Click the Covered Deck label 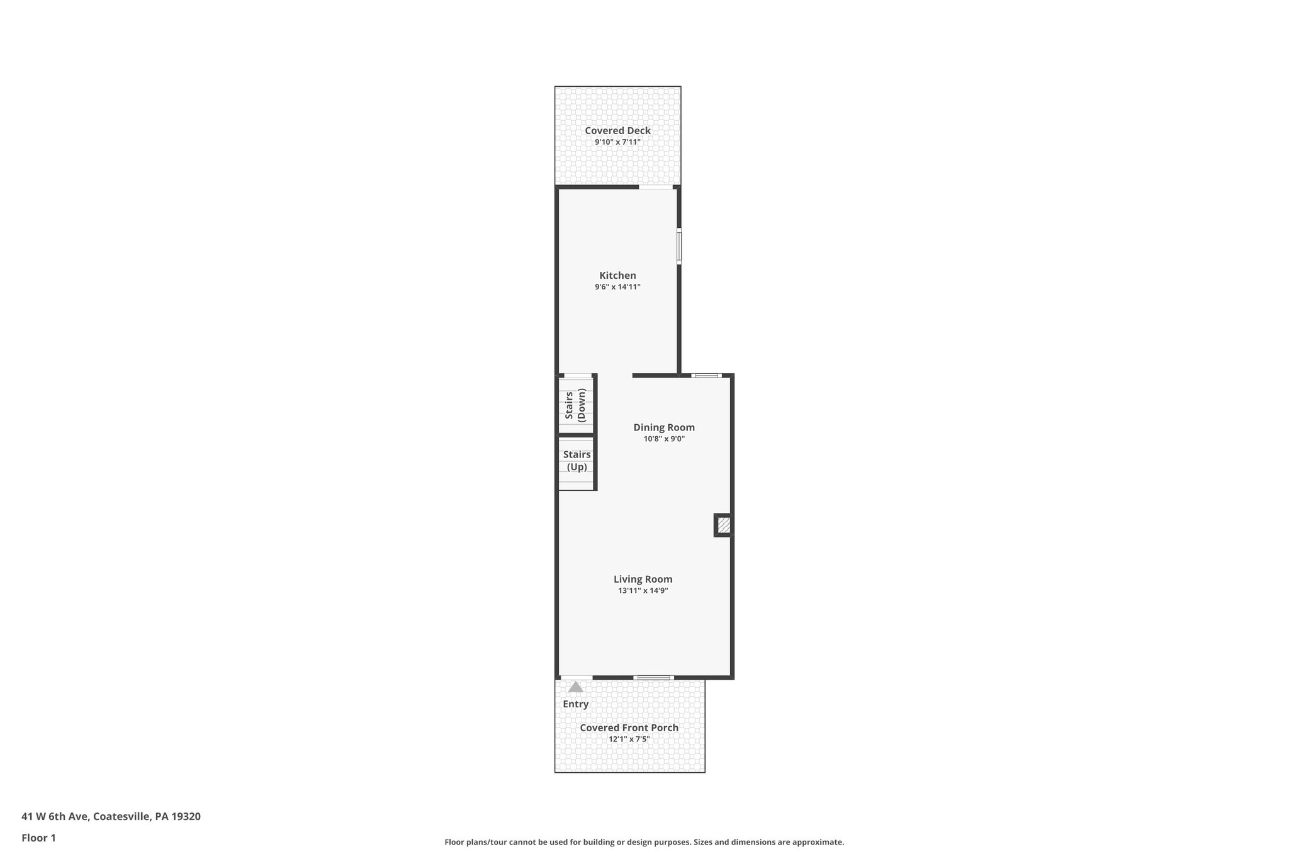point(617,131)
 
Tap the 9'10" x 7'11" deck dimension point(617,142)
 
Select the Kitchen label point(617,276)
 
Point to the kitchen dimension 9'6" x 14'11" point(617,287)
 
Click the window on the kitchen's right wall point(679,246)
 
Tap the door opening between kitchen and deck point(656,187)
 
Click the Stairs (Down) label point(576,405)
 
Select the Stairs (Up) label point(577,461)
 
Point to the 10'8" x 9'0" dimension point(664,439)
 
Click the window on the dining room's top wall point(706,376)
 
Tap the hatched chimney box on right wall point(724,525)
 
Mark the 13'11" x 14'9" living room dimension point(643,591)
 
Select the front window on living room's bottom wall point(653,678)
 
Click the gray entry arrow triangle point(575,687)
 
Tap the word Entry point(575,704)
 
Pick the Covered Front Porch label point(629,728)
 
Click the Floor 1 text point(38,838)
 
